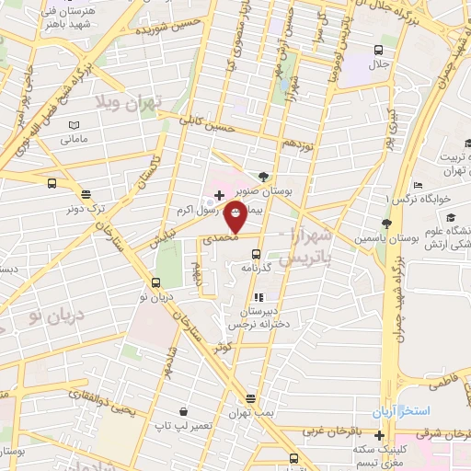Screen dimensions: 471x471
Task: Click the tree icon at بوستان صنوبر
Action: (265, 176)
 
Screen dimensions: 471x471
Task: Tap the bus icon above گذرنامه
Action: (257, 254)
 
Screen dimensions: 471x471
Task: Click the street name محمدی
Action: (222, 236)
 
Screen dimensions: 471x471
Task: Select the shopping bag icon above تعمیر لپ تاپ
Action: (184, 411)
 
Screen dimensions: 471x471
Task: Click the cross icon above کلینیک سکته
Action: (379, 434)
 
